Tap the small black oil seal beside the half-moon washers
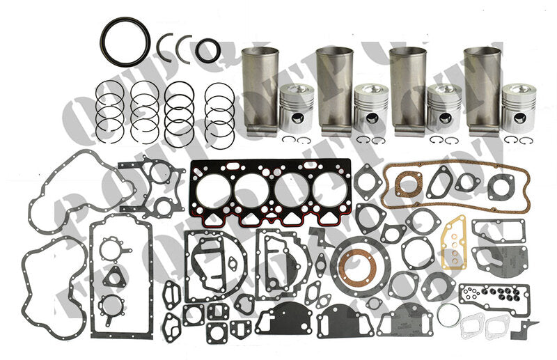(x=207, y=50)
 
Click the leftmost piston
(x=296, y=108)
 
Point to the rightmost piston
(x=517, y=108)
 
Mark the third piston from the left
(x=443, y=108)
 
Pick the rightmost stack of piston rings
(x=220, y=108)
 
